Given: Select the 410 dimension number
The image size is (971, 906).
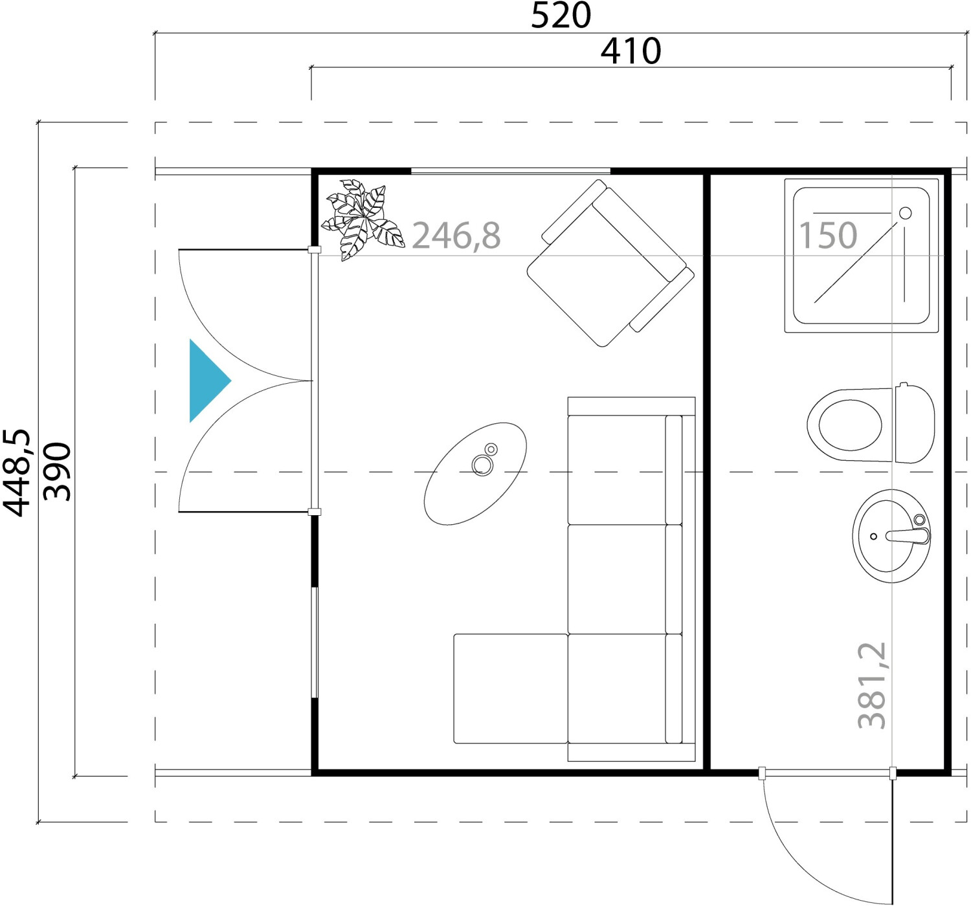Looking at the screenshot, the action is coord(631,51).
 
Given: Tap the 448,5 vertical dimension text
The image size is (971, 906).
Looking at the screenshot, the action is coord(17,473).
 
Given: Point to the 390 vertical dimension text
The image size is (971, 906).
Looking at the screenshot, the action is coord(57,472).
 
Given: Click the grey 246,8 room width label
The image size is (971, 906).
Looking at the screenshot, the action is coord(456,236).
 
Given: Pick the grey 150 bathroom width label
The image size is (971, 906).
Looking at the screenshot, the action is coord(828,235).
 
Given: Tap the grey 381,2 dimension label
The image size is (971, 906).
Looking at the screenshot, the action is coord(872,685).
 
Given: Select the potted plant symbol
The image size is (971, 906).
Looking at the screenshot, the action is coord(363,219).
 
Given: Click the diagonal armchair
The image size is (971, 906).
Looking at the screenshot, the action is coord(610,263).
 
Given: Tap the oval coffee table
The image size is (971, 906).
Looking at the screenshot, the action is coord(475,474).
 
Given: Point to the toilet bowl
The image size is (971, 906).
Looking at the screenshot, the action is coord(850,425).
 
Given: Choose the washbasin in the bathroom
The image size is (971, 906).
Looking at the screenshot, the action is coord(891,536).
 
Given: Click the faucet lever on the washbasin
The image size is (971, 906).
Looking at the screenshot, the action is coord(908,536).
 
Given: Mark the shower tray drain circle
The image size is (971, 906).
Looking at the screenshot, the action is coord(906,213).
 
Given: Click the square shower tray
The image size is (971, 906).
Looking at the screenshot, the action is coord(862,256).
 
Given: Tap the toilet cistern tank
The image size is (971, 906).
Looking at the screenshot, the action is coord(915,423).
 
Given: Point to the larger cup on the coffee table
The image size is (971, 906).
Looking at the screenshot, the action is coord(482,465).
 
